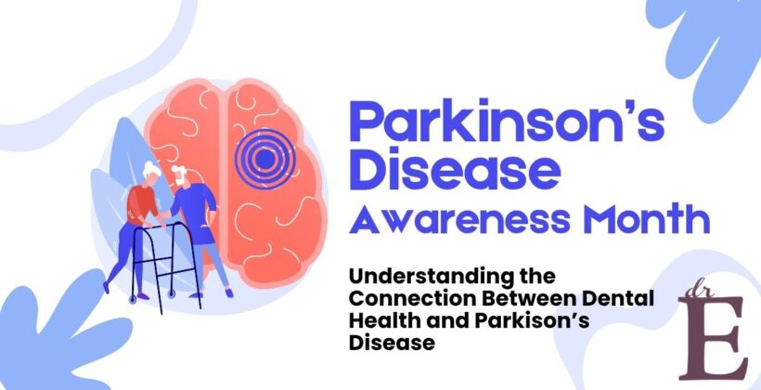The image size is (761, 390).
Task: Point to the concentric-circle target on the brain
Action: (x=264, y=159)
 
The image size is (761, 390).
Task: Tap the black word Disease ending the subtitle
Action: (x=380, y=342)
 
